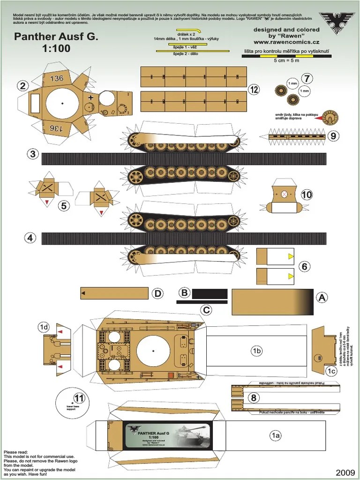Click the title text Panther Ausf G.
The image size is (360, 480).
pos(56,37)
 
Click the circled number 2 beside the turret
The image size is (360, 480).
pos(22,85)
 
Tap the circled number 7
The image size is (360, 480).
pos(307,78)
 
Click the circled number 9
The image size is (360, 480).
pos(333,136)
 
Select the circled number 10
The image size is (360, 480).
pos(307,194)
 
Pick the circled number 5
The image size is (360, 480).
pos(65,205)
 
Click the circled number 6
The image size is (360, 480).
pos(305,267)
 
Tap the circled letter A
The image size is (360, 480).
pos(322,297)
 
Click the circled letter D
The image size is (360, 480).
pos(158,294)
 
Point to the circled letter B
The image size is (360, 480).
pos(185,293)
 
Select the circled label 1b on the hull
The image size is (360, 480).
pos(256,351)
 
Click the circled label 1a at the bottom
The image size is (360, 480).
pos(276,435)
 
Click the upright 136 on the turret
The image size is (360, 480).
pos(57,78)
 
